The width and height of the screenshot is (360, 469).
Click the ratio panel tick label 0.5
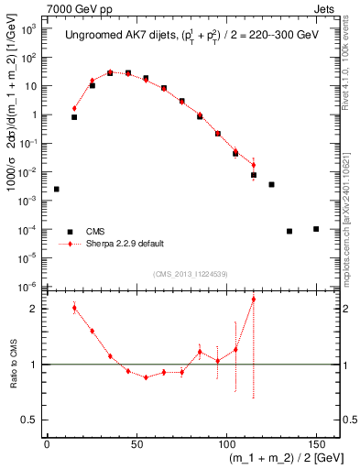pyautogui.click(x=32, y=420)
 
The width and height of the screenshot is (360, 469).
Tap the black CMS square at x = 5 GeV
pyautogui.click(x=57, y=189)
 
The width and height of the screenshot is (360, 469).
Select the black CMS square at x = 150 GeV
pyautogui.click(x=316, y=228)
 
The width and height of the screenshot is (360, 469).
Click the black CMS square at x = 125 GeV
pyautogui.click(x=271, y=184)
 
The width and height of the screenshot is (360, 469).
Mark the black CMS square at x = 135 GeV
pyautogui.click(x=289, y=231)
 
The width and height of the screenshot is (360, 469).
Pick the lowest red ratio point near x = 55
pyautogui.click(x=146, y=377)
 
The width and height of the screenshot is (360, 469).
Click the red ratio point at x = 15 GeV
pyautogui.click(x=74, y=308)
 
